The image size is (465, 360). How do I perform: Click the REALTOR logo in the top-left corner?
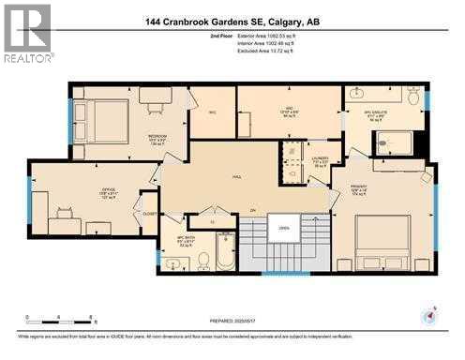[x=26, y=34]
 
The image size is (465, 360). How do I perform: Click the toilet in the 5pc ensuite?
[x=413, y=96]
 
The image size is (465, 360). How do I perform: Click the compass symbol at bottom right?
[x=430, y=316]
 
